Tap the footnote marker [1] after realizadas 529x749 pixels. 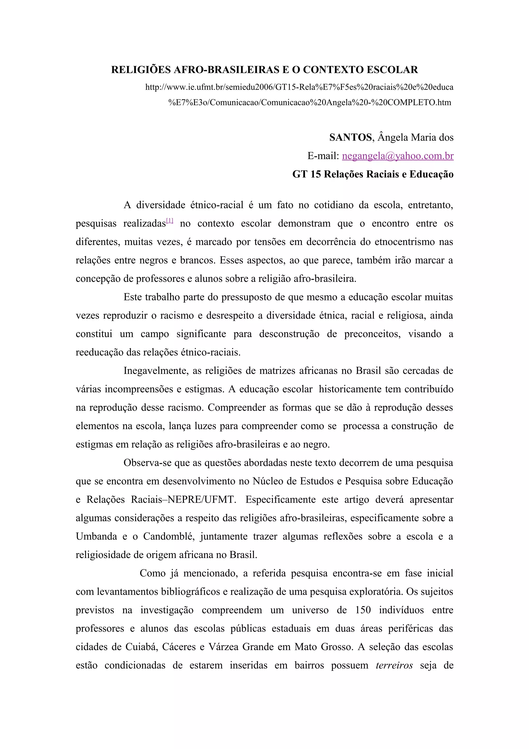[x=169, y=221]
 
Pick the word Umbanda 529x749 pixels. [x=96, y=537]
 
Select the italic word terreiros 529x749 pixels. [x=394, y=666]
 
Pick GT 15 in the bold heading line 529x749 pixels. [x=306, y=174]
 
